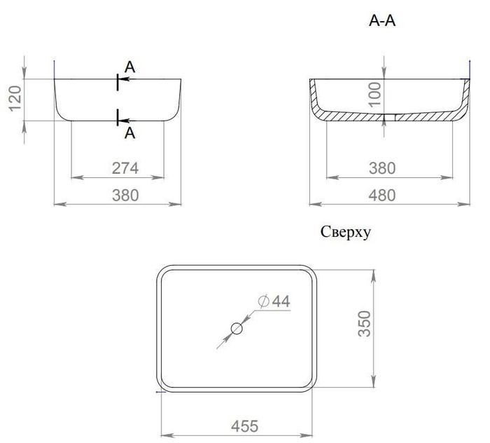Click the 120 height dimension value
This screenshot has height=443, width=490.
15,99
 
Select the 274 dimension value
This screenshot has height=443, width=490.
125,168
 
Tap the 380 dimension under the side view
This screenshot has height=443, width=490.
125,196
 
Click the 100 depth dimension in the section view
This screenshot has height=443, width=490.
374,94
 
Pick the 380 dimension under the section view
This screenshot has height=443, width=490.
382,168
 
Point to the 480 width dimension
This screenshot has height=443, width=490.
382,196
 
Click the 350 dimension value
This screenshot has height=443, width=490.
365,324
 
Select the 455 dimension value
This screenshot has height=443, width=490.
245,426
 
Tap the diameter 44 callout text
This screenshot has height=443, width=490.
274,301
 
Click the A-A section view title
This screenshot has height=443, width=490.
382,20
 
